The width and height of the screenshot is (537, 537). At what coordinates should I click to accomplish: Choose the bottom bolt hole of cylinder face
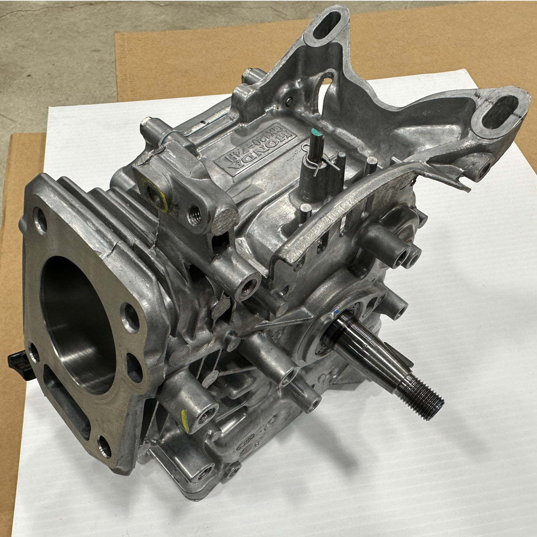click(104, 447)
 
